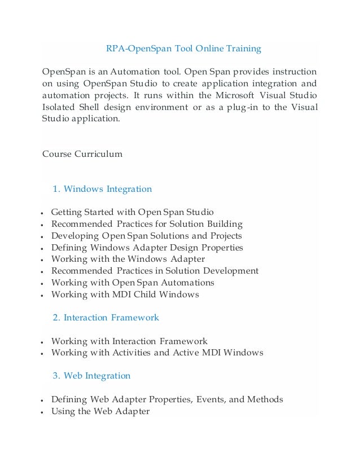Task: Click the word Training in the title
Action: tap(243, 49)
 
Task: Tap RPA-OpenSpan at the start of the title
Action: tap(133, 49)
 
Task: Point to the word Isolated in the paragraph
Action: tap(59, 107)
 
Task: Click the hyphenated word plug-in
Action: tap(244, 107)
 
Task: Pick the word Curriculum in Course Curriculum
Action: tap(99, 153)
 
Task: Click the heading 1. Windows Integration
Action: tap(102, 189)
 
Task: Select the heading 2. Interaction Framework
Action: tap(106, 318)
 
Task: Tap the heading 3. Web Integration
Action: tap(91, 376)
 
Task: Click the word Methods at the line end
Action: tap(266, 399)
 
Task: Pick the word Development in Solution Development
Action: tap(233, 271)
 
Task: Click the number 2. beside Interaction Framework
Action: tap(56, 318)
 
